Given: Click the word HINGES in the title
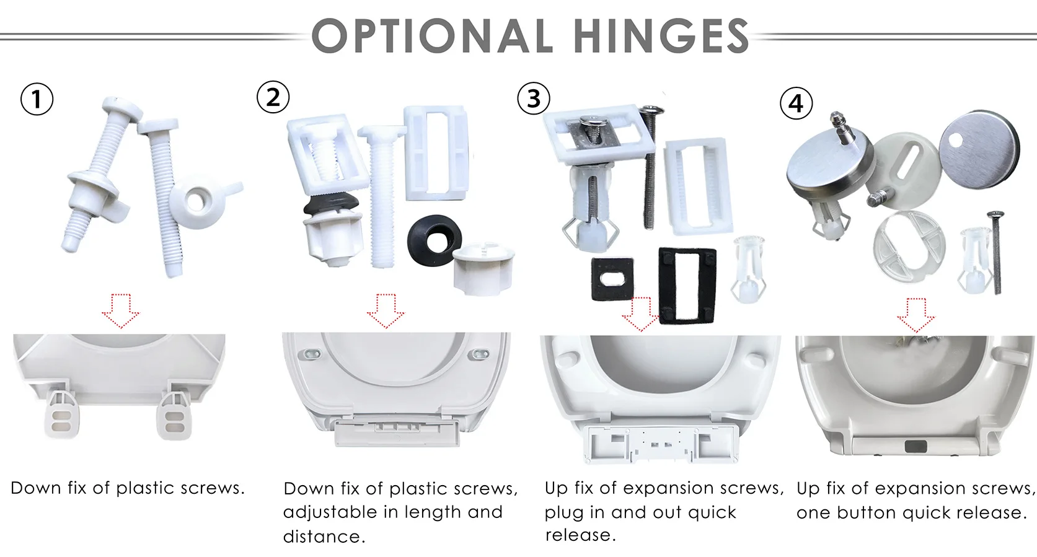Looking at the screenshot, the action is click(x=661, y=35).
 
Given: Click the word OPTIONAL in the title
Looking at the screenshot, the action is click(x=432, y=35).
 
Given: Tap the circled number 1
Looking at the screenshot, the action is click(x=37, y=99).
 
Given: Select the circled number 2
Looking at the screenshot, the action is click(x=273, y=97).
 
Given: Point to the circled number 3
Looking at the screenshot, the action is click(x=534, y=99).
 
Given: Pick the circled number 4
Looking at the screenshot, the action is click(x=797, y=103).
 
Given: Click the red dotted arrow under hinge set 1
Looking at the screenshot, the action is click(x=120, y=311).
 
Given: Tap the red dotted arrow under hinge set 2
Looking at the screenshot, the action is click(x=386, y=311).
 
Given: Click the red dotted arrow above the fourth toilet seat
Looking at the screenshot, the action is click(x=916, y=315).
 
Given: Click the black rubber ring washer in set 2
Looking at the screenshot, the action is click(x=435, y=240).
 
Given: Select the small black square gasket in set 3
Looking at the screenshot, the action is click(x=612, y=279).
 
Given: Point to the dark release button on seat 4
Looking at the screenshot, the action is click(x=916, y=447).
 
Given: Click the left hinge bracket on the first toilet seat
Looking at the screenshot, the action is click(x=61, y=411).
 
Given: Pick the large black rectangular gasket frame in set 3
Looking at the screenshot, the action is click(x=687, y=286).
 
